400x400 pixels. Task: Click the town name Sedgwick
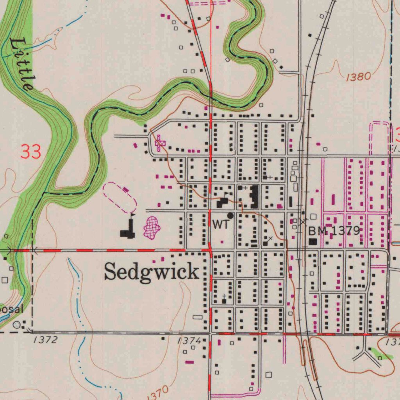tap(152, 271)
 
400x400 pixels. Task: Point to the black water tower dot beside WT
tap(230, 215)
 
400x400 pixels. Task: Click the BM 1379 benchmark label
tap(334, 230)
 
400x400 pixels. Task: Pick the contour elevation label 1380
tap(358, 77)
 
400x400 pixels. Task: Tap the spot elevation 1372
tap(45, 339)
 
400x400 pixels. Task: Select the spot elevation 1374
tap(189, 341)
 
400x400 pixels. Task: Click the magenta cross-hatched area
tap(152, 227)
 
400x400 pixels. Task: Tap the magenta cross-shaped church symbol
tap(159, 143)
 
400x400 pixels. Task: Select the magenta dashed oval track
tap(120, 197)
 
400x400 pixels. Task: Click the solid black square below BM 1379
tap(313, 241)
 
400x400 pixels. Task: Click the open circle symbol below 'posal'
tap(16, 324)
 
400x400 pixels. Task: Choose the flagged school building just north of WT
tap(223, 202)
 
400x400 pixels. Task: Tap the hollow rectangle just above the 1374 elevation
tap(198, 317)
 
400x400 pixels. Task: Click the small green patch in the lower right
tap(382, 354)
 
